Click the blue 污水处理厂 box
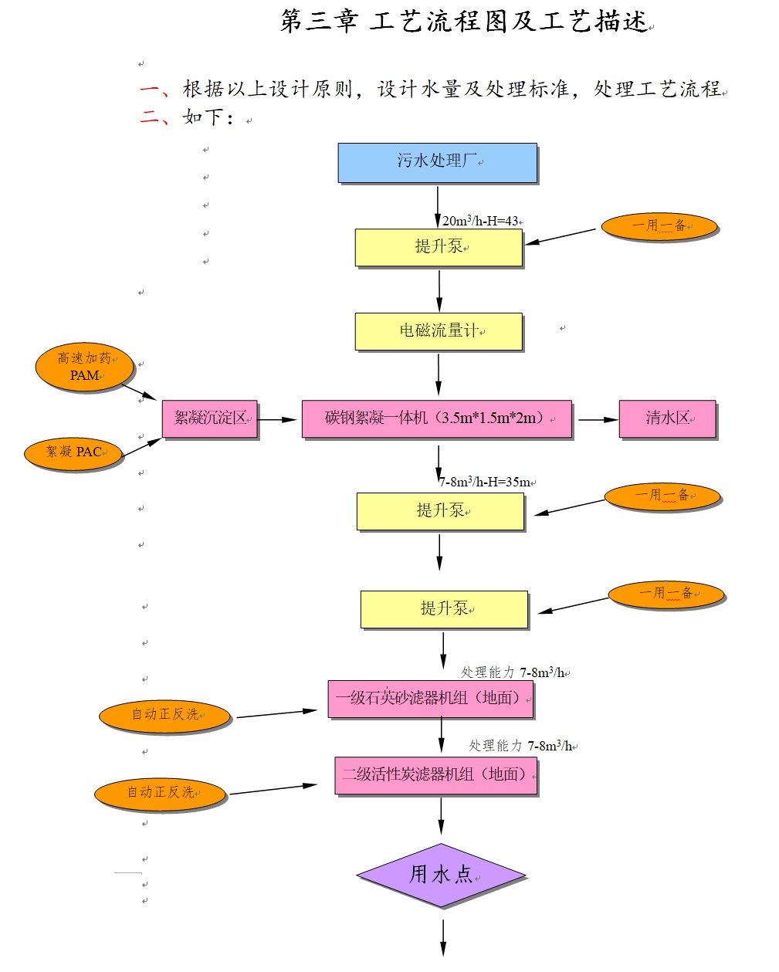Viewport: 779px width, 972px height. click(437, 162)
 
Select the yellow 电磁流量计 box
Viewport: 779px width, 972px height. click(439, 331)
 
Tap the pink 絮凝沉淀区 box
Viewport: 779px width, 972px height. click(209, 419)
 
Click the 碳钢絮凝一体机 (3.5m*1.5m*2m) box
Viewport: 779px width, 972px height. click(436, 419)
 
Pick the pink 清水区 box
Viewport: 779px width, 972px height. click(667, 419)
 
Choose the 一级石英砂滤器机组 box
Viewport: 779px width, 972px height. click(430, 699)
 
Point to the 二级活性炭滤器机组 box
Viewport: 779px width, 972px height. click(435, 775)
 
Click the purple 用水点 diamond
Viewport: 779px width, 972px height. click(441, 875)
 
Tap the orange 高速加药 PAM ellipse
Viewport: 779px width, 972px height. click(84, 367)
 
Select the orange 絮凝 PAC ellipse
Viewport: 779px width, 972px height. click(73, 452)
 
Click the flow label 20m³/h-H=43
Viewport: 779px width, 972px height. click(480, 221)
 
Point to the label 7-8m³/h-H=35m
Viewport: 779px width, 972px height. click(486, 482)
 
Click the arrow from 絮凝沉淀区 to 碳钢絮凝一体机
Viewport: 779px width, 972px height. click(277, 419)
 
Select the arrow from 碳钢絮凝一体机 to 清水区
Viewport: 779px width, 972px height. click(596, 419)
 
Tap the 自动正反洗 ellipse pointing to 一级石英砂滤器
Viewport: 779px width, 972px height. click(164, 716)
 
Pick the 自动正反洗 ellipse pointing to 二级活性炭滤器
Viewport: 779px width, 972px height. click(160, 794)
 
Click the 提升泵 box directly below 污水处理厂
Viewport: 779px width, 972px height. click(439, 247)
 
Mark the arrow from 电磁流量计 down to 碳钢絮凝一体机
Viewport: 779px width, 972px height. click(439, 375)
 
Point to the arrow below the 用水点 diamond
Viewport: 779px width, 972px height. click(443, 937)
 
